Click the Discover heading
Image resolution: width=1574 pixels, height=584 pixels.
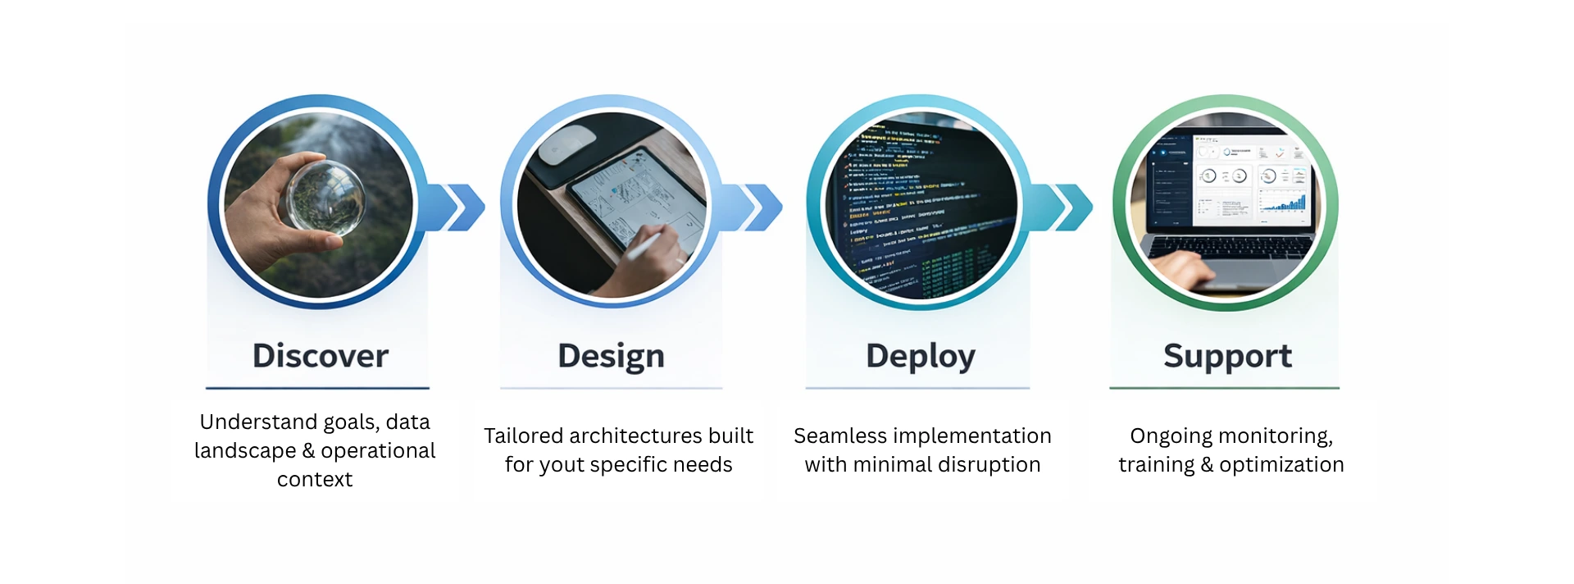[320, 356]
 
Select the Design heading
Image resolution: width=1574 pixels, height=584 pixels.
[611, 356]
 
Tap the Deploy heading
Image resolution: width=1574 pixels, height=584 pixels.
[920, 356]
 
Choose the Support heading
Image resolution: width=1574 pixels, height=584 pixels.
[1227, 356]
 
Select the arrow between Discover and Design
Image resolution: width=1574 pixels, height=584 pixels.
[459, 207]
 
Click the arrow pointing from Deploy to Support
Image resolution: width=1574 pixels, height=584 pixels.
[1067, 207]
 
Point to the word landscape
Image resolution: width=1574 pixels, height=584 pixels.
[245, 451]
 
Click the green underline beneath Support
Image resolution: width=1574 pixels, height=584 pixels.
[1224, 388]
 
